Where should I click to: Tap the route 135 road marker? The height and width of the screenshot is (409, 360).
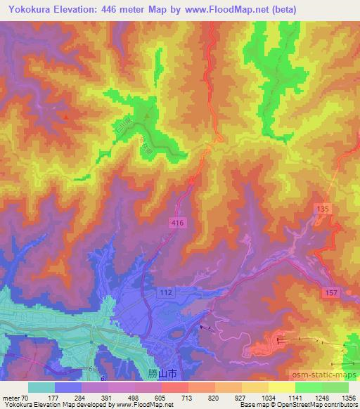coord(323,209)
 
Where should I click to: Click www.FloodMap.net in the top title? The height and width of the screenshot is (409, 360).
coord(222,10)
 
